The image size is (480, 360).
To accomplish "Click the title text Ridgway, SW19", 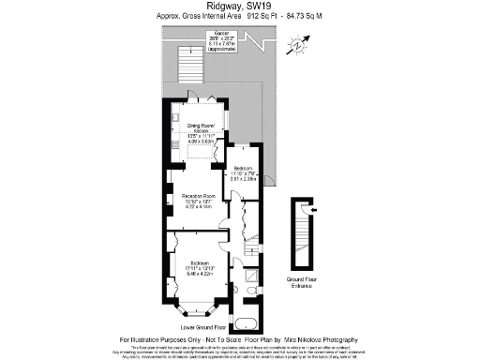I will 239,7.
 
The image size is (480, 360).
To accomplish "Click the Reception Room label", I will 198,201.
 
